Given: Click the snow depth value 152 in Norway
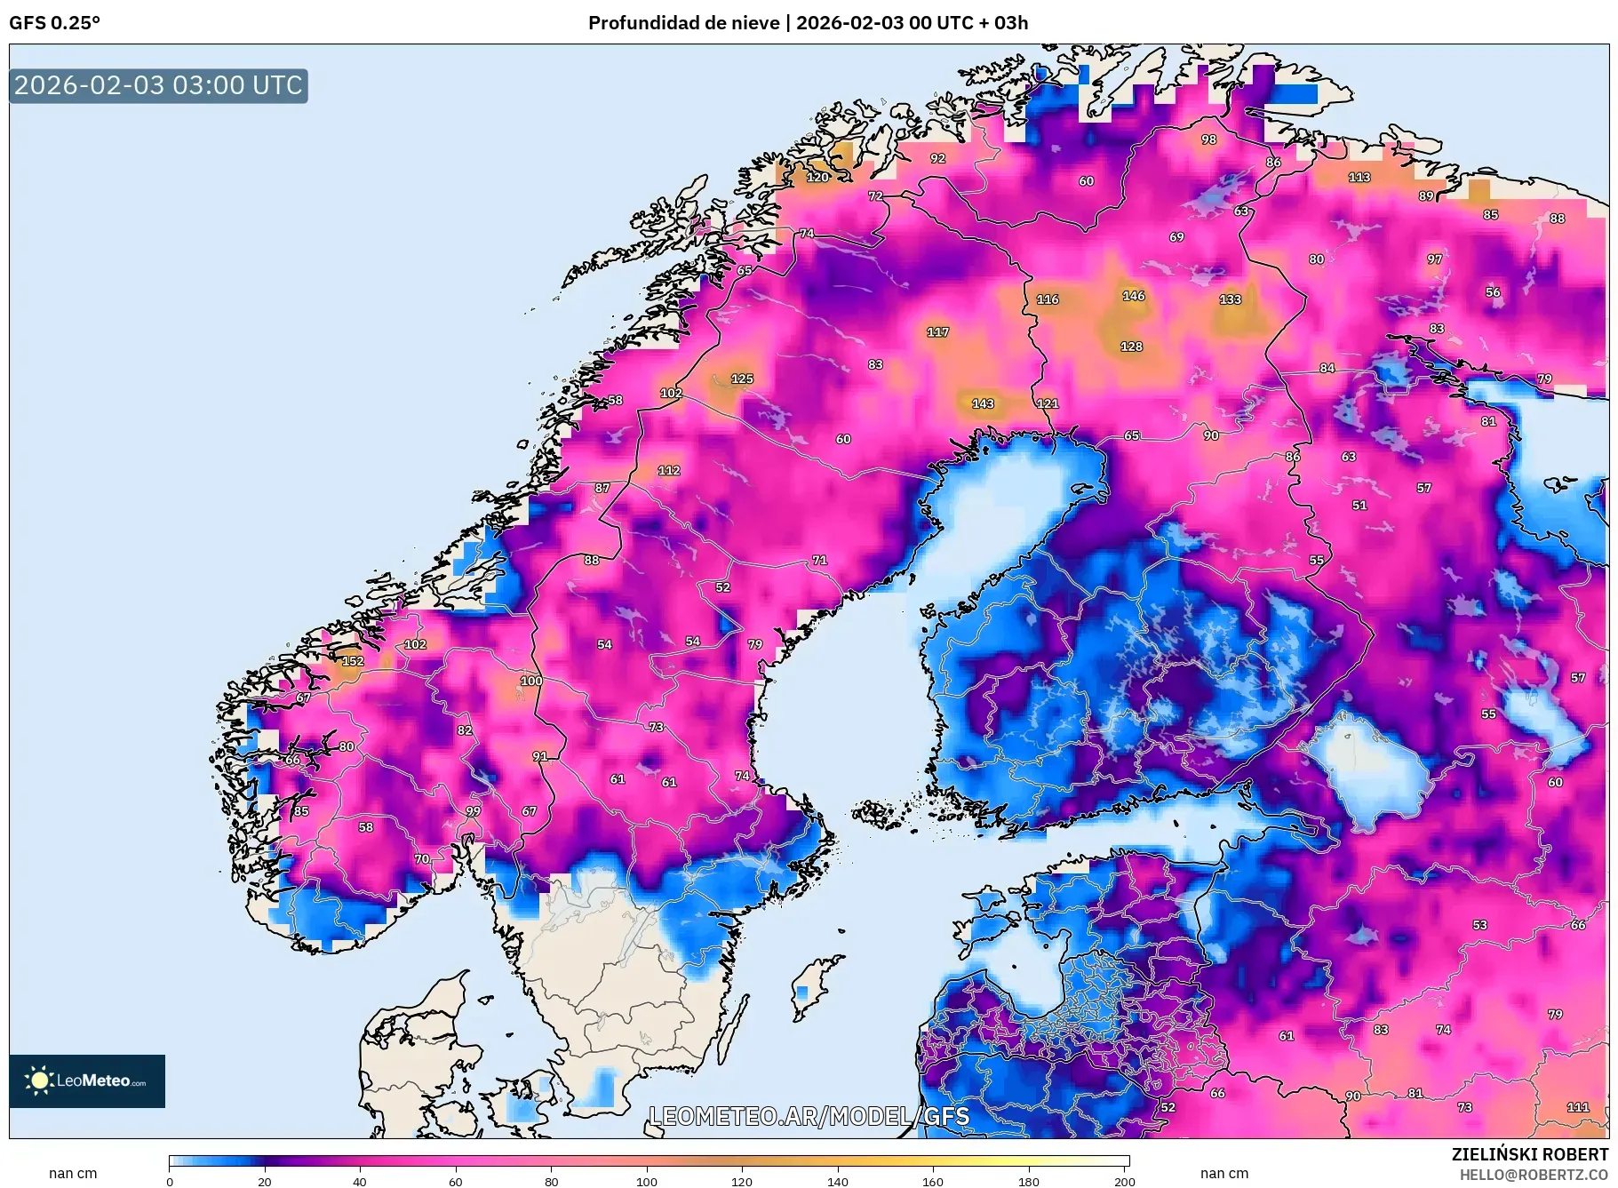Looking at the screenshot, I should click(353, 661).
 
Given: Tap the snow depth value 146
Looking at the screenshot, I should click(1133, 296).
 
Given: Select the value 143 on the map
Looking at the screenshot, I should click(983, 403).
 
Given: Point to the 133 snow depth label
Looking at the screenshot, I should click(1230, 299).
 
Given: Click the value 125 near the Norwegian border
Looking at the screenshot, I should click(742, 379).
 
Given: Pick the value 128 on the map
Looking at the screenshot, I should click(1131, 347).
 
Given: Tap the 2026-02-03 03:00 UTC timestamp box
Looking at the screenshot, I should click(158, 85).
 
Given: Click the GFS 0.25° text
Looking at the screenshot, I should click(54, 23).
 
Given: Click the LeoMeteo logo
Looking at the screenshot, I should click(87, 1080).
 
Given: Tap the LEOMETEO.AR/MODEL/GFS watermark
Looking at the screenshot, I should click(809, 1116).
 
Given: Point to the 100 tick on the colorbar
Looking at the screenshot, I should click(647, 1181).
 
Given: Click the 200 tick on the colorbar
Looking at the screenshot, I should click(1124, 1181).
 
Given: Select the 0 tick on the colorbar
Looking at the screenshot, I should click(170, 1181).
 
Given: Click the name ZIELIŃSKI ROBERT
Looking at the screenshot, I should click(1529, 1154).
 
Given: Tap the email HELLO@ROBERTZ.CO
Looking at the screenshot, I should click(1534, 1175).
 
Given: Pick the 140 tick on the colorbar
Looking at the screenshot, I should click(837, 1181).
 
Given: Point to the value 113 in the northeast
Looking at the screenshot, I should click(1359, 177).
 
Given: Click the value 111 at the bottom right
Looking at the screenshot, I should click(1577, 1107).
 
